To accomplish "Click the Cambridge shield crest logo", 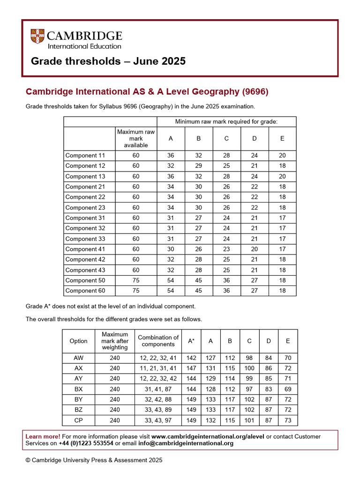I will [x=37, y=37].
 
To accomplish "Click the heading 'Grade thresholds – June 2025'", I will [x=108, y=61].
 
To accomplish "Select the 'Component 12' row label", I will [x=85, y=166].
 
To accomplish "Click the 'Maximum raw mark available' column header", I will [x=136, y=139].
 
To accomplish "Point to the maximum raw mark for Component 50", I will [x=136, y=280].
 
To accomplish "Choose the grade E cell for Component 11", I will [x=282, y=156].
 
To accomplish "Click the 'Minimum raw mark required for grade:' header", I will [x=226, y=122].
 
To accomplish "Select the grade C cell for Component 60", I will [x=226, y=291].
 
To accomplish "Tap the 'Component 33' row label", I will [x=85, y=239].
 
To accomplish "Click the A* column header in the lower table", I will [x=191, y=341].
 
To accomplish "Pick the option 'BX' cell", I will [x=79, y=389].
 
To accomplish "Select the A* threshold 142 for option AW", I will [x=191, y=358].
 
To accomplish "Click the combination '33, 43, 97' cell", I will [x=158, y=420].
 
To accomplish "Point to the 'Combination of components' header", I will [x=158, y=341].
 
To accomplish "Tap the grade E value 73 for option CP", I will [x=288, y=420].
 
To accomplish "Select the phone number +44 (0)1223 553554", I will [x=86, y=443].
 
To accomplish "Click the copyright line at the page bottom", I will [x=94, y=460].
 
